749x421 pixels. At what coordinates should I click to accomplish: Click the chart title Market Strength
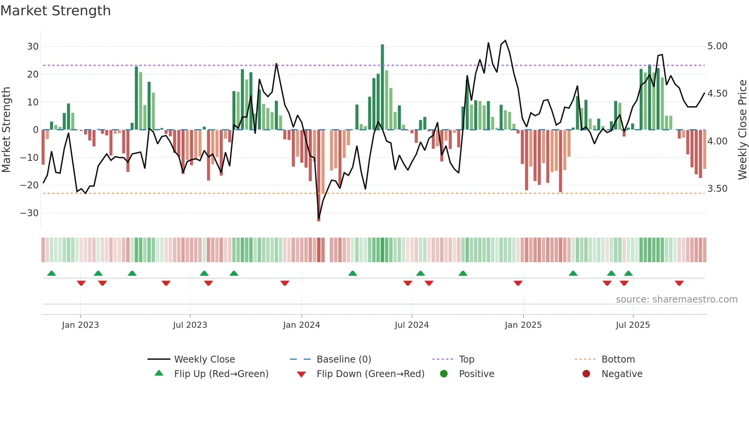click(x=55, y=11)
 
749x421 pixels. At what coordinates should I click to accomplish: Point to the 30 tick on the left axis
click(x=33, y=47)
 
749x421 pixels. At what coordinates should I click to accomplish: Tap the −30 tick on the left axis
click(x=30, y=213)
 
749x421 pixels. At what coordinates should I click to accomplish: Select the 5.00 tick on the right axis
click(x=717, y=46)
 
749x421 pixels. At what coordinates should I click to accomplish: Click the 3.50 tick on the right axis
click(x=717, y=189)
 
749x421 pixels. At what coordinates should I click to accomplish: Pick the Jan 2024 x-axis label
click(x=302, y=325)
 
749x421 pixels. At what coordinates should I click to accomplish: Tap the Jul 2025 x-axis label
click(x=633, y=325)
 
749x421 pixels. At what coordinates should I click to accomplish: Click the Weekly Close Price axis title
click(x=742, y=130)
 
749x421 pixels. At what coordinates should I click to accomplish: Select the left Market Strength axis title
click(x=6, y=130)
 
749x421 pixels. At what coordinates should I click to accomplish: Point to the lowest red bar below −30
click(x=319, y=176)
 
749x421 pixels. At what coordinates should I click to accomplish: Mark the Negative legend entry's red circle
click(x=586, y=374)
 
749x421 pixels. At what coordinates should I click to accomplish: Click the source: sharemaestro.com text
click(x=676, y=300)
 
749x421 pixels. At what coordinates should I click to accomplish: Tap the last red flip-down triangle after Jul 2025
click(x=679, y=283)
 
